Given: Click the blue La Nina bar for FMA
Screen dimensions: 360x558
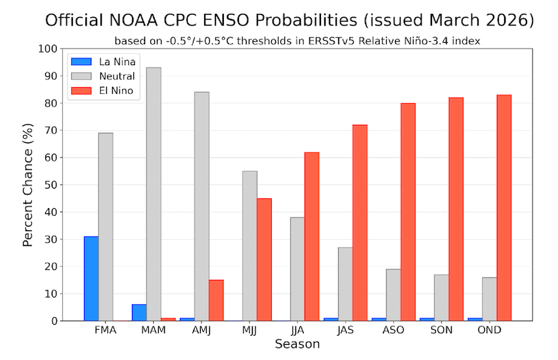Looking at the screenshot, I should click(x=91, y=279).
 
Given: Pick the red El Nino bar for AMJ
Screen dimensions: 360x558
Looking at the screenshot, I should click(x=216, y=300).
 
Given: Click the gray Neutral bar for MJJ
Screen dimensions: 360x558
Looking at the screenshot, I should click(x=249, y=246).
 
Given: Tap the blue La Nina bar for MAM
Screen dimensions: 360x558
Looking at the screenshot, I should click(x=139, y=313).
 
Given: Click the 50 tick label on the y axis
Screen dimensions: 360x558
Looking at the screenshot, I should click(x=50, y=185).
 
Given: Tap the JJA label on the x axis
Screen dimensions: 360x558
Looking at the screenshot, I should click(x=297, y=330).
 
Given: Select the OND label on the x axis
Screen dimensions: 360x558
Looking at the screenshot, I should click(x=489, y=330).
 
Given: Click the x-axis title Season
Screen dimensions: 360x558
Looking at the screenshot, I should click(x=297, y=344).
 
